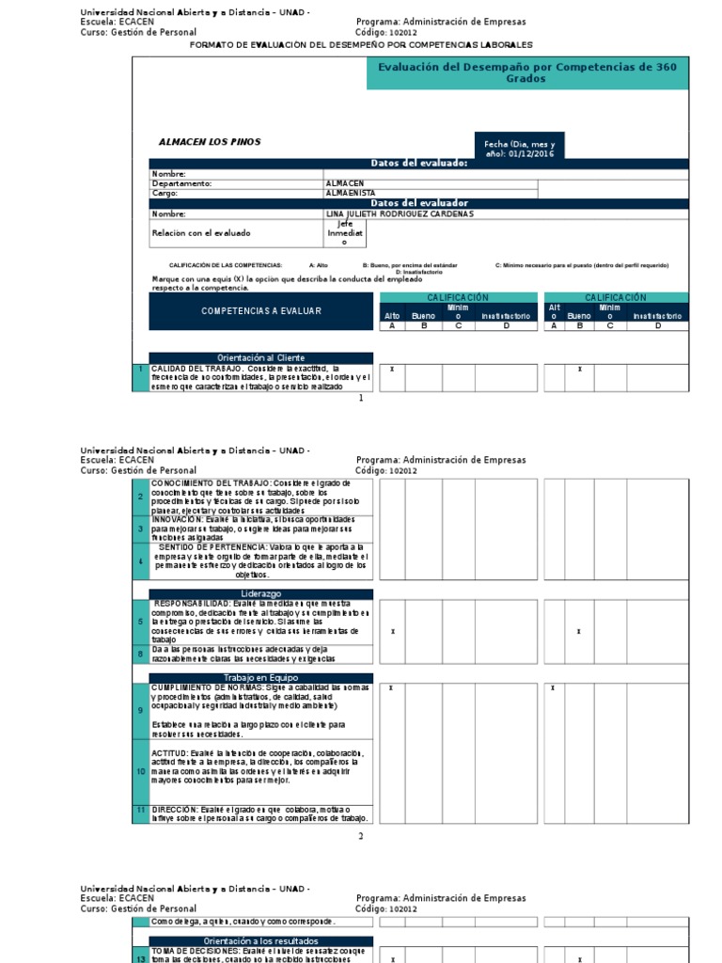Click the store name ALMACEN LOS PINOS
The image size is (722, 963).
pyautogui.click(x=210, y=142)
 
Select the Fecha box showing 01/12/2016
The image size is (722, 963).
pyautogui.click(x=520, y=148)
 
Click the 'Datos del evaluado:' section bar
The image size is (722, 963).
pyautogui.click(x=419, y=164)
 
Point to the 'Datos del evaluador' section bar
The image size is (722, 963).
pyautogui.click(x=419, y=203)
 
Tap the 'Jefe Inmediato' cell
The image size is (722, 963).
pyautogui.click(x=344, y=233)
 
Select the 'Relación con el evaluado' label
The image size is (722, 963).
pyautogui.click(x=201, y=232)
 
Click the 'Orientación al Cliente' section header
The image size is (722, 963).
pyautogui.click(x=261, y=358)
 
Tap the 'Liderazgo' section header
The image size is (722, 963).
pyautogui.click(x=261, y=593)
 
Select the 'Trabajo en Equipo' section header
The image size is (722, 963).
pyautogui.click(x=261, y=677)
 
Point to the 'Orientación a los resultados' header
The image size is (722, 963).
pyautogui.click(x=261, y=940)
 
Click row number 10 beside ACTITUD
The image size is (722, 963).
pyautogui.click(x=141, y=771)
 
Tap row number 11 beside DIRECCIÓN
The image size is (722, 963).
pyautogui.click(x=141, y=809)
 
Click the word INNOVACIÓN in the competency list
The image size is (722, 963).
pyautogui.click(x=176, y=518)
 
